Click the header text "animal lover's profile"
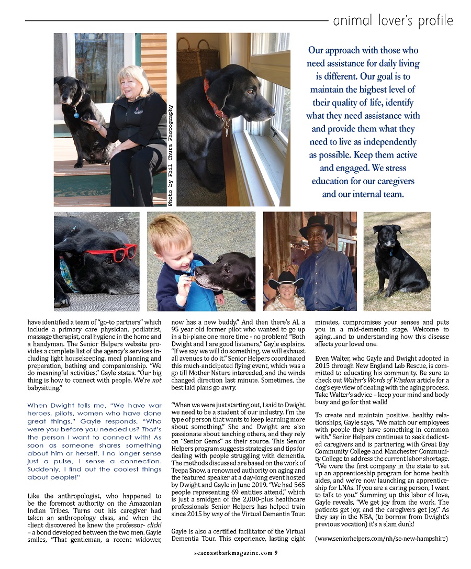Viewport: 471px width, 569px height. point(392,21)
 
